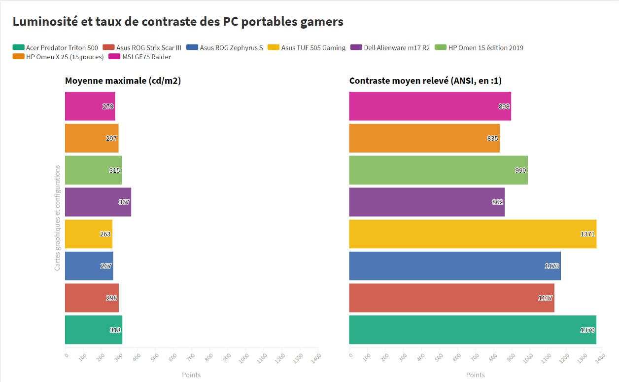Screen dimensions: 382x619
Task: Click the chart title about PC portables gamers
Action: pos(178,22)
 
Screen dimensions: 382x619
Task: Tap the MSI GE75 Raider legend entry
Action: pos(143,57)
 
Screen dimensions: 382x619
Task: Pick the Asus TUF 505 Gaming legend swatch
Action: pos(274,48)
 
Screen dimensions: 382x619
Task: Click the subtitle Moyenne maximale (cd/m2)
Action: pos(123,81)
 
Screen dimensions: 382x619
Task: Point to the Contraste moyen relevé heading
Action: pos(425,81)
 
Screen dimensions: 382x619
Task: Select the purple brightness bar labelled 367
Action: pos(98,202)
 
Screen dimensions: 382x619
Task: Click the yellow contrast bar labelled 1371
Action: pos(472,234)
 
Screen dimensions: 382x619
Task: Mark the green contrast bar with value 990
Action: pos(438,170)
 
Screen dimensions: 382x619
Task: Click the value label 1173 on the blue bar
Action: pos(552,266)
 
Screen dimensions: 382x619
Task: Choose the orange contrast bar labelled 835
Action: pos(424,138)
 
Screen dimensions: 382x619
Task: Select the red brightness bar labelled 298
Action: pos(92,298)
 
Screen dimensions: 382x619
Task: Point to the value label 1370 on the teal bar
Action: pos(587,330)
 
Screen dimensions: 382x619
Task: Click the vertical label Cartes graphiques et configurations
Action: pos(58,218)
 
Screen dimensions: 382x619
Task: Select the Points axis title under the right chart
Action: pos(475,375)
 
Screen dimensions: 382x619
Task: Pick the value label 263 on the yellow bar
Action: pos(105,234)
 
